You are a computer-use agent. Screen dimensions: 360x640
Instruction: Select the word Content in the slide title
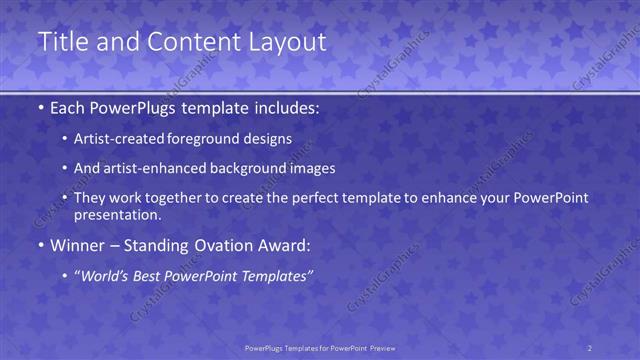click(190, 42)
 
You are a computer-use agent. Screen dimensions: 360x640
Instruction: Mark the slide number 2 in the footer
click(590, 348)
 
